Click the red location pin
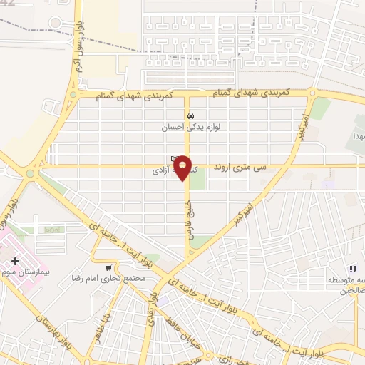coord(184,168)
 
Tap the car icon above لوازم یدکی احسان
coord(190,115)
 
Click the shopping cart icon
coord(108,269)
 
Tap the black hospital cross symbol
coord(16,262)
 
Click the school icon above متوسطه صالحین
coord(352,269)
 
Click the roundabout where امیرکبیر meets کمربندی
coord(313,93)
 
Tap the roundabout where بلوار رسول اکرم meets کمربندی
coord(72,93)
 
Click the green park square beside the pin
coord(197,179)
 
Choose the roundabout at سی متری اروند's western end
coord(31,173)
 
